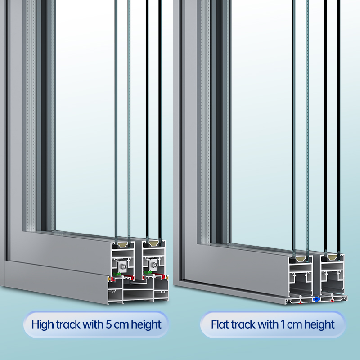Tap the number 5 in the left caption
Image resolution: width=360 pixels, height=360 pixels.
pyautogui.click(x=108, y=324)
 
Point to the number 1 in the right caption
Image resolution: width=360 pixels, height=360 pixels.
pyautogui.click(x=283, y=324)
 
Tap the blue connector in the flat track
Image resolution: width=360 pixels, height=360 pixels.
pyautogui.click(x=316, y=299)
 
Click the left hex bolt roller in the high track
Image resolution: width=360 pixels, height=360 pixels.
pyautogui.click(x=123, y=266)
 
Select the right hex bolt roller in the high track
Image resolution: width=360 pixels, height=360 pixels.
pyautogui.click(x=153, y=265)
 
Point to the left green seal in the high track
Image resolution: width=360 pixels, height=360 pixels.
pyautogui.click(x=117, y=274)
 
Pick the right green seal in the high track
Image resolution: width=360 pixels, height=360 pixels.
pyautogui.click(x=148, y=273)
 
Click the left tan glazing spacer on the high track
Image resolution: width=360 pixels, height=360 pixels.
pyautogui.click(x=123, y=245)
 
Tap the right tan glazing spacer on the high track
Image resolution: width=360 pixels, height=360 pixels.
pyautogui.click(x=154, y=243)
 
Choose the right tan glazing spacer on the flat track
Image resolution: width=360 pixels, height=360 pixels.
pyautogui.click(x=332, y=257)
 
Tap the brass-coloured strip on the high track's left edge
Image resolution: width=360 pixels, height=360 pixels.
pyautogui.click(x=109, y=279)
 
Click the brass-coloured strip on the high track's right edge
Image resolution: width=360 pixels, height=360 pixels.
pyautogui.click(x=167, y=278)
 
